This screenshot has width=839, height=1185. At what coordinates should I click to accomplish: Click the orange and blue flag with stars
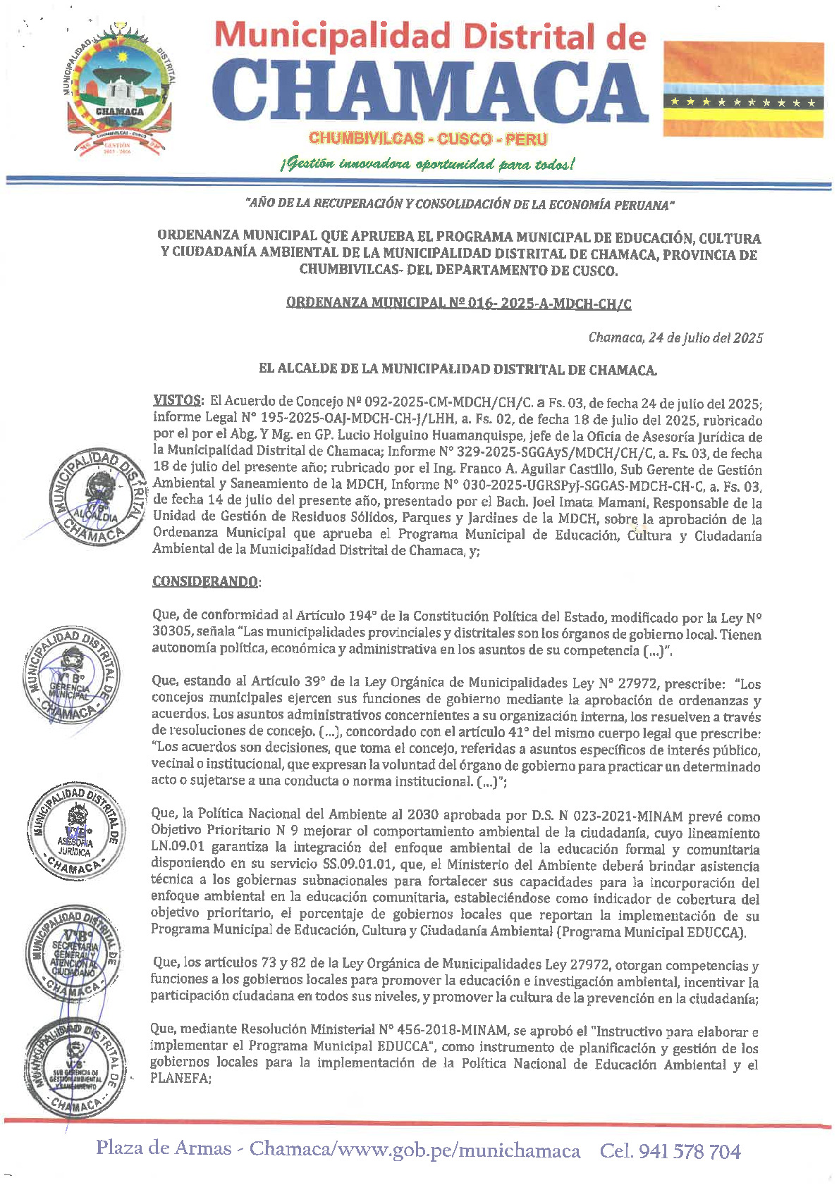coord(744,89)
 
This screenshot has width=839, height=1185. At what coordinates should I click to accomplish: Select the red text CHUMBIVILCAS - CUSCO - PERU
coord(428,139)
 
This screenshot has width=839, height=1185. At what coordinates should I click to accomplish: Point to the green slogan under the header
coord(427,165)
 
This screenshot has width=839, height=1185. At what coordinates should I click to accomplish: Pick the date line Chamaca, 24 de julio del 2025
coord(675,337)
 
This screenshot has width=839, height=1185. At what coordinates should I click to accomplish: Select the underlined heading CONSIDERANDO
coord(204,582)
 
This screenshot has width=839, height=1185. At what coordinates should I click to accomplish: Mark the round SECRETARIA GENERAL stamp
coord(71,951)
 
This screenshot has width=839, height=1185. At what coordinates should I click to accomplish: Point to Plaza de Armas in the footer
coord(164,1148)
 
